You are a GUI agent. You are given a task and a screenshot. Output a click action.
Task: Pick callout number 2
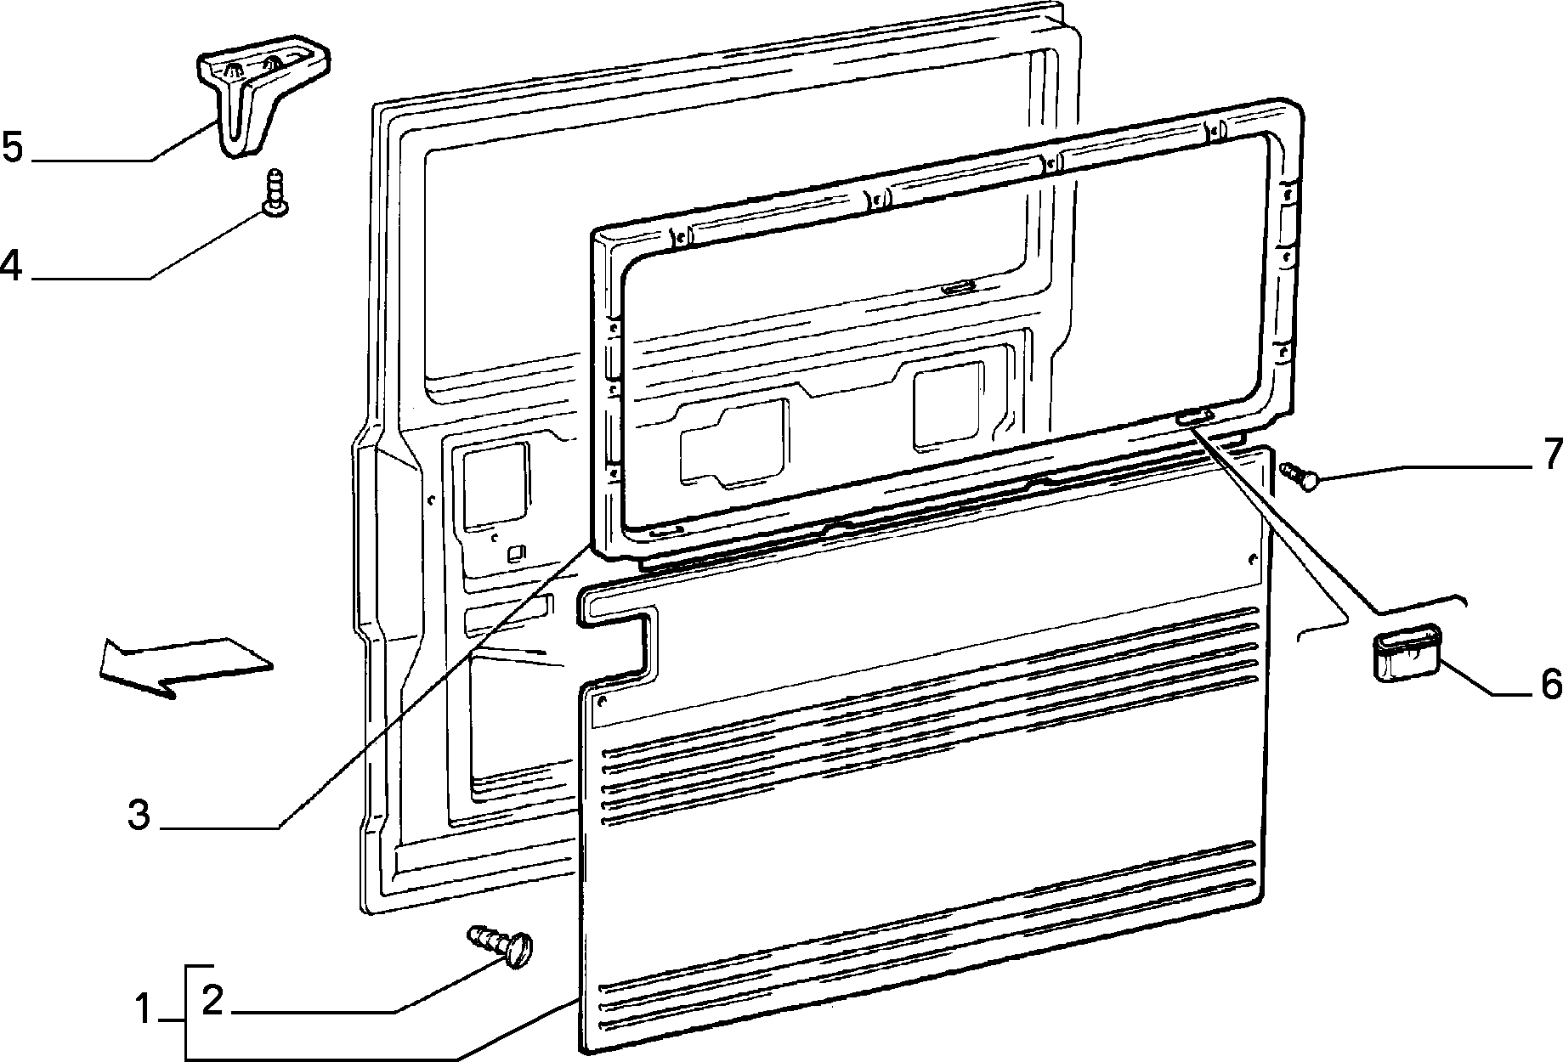tap(212, 1001)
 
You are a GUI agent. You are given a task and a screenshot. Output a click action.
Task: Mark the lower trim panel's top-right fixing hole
tap(1251, 558)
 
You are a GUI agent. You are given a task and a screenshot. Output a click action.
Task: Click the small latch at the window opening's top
tap(959, 288)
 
